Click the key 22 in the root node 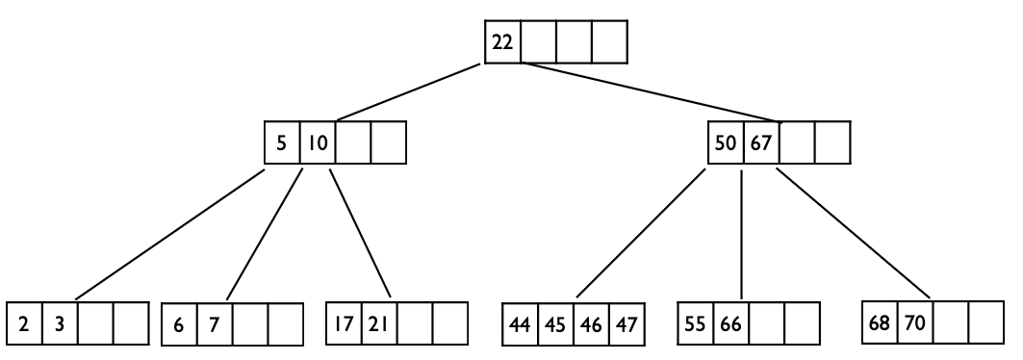(502, 42)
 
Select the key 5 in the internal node (281, 142)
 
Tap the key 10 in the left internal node (318, 142)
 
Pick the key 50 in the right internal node (726, 142)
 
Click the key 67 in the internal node (761, 142)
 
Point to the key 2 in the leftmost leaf (24, 324)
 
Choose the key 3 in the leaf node (60, 324)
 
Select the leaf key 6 (179, 324)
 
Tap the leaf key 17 (344, 324)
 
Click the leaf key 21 (378, 324)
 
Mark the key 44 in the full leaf (520, 324)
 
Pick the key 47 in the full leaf (627, 324)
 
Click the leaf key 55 (695, 324)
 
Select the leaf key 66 (730, 324)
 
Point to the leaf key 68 (880, 322)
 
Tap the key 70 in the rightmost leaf (915, 322)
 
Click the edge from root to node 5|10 (408, 92)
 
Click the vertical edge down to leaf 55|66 (741, 234)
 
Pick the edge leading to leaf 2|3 (170, 234)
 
